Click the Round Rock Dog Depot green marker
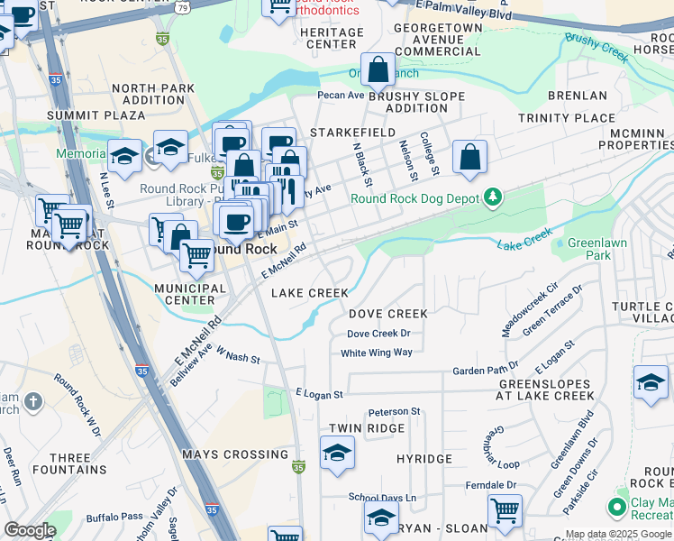click(x=492, y=197)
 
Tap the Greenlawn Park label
click(x=591, y=250)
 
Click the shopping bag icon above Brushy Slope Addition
click(x=378, y=69)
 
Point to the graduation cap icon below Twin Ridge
click(x=337, y=453)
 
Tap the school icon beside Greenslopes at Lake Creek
click(x=651, y=382)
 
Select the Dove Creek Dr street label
click(x=378, y=334)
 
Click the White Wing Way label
click(x=377, y=353)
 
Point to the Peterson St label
click(x=395, y=411)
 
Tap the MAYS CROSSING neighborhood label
click(x=235, y=454)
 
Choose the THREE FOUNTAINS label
click(x=68, y=463)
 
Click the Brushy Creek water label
click(x=597, y=47)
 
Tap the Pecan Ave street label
click(x=341, y=95)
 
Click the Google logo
click(x=30, y=530)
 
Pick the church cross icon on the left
click(x=32, y=399)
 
